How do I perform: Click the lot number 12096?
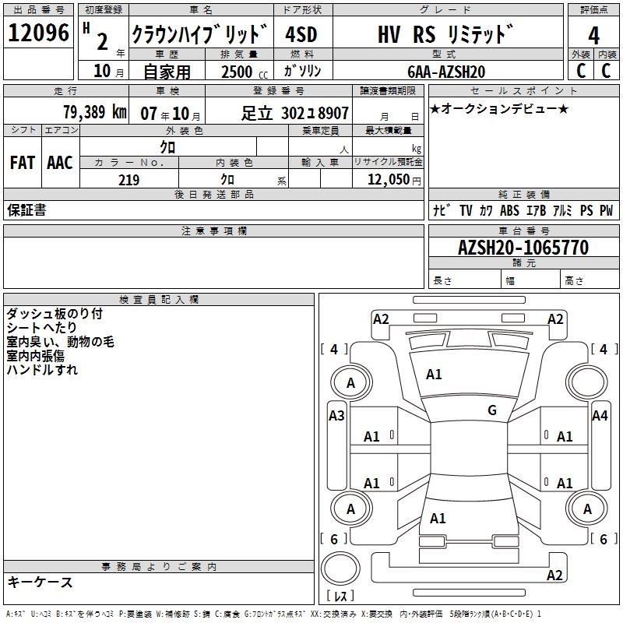(38, 33)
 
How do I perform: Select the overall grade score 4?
(593, 36)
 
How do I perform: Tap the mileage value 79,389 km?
(95, 112)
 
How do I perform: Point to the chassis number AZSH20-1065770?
(523, 248)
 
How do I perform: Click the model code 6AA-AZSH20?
(446, 72)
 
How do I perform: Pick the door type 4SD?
(301, 34)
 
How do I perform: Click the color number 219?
(128, 180)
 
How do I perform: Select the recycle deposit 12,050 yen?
(394, 180)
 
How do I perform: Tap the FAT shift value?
(23, 163)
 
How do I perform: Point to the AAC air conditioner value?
(60, 163)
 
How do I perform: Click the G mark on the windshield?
(492, 410)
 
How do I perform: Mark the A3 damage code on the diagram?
(336, 416)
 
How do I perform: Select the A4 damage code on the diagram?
(600, 416)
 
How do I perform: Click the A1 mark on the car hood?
(434, 375)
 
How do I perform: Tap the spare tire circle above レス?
(340, 568)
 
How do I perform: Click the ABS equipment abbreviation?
(509, 210)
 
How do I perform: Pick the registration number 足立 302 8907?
(295, 114)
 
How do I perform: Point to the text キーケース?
(40, 582)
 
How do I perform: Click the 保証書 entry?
(26, 209)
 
